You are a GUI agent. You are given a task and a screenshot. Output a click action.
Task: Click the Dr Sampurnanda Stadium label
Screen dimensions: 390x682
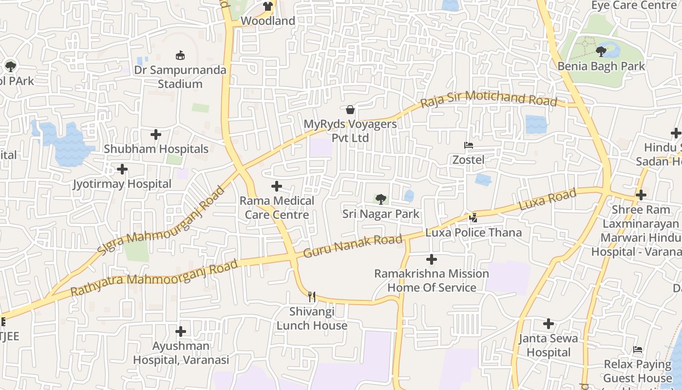(180, 77)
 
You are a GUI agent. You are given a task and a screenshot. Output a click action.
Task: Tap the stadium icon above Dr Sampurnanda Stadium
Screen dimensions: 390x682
(180, 55)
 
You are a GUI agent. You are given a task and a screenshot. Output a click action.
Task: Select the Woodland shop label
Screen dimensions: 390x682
(268, 21)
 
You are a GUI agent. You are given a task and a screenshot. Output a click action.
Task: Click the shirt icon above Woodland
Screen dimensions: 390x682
(267, 6)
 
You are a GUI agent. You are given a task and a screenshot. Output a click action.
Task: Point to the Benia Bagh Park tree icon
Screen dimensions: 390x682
(601, 51)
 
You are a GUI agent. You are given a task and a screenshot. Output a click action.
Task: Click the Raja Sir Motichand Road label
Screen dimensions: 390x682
(489, 98)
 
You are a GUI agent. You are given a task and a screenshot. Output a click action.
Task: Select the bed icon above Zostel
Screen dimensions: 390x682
(468, 145)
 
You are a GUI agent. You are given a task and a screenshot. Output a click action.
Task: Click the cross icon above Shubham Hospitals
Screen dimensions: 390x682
(156, 134)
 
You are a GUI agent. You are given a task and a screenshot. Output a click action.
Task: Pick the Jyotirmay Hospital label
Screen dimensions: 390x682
(122, 184)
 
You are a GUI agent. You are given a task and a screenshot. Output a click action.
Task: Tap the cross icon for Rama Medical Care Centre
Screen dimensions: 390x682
(277, 186)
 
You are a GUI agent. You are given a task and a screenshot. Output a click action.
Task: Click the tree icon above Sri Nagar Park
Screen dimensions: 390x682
(381, 199)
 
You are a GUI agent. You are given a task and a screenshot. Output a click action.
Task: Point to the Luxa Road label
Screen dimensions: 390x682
(548, 200)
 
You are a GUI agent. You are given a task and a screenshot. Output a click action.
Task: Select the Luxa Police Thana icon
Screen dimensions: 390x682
(473, 218)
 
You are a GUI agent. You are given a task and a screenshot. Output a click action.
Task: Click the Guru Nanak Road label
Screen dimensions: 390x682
(353, 246)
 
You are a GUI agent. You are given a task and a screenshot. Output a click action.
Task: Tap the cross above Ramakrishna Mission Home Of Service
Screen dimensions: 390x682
(432, 259)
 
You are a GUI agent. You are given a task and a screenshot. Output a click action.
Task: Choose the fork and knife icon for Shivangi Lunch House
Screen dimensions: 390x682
(312, 296)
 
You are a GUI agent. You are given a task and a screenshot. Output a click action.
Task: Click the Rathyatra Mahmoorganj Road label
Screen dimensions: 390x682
(154, 278)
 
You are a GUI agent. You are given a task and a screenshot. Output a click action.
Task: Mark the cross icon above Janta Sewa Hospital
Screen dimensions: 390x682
(549, 324)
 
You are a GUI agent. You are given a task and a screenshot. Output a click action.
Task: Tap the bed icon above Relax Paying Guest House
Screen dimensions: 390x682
(638, 350)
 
